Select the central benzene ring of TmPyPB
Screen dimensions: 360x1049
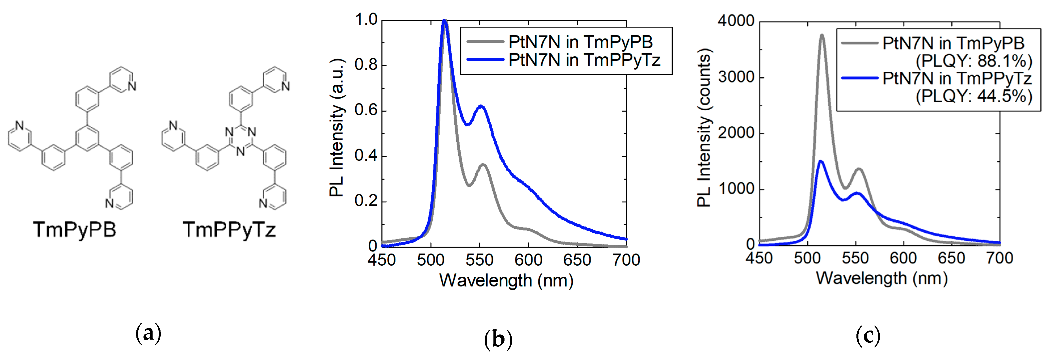tap(87, 138)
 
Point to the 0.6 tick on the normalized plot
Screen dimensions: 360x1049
tap(365, 110)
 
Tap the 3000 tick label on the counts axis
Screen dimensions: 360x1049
tap(736, 77)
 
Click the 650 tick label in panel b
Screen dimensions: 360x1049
tap(577, 260)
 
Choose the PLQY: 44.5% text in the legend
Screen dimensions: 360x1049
tap(974, 96)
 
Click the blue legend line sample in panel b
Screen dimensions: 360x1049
tap(486, 60)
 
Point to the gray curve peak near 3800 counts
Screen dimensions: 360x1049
tap(822, 35)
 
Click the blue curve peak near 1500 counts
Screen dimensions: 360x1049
tap(820, 161)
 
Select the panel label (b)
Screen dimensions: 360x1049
tap(498, 339)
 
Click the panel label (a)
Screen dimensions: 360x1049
tap(148, 333)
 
